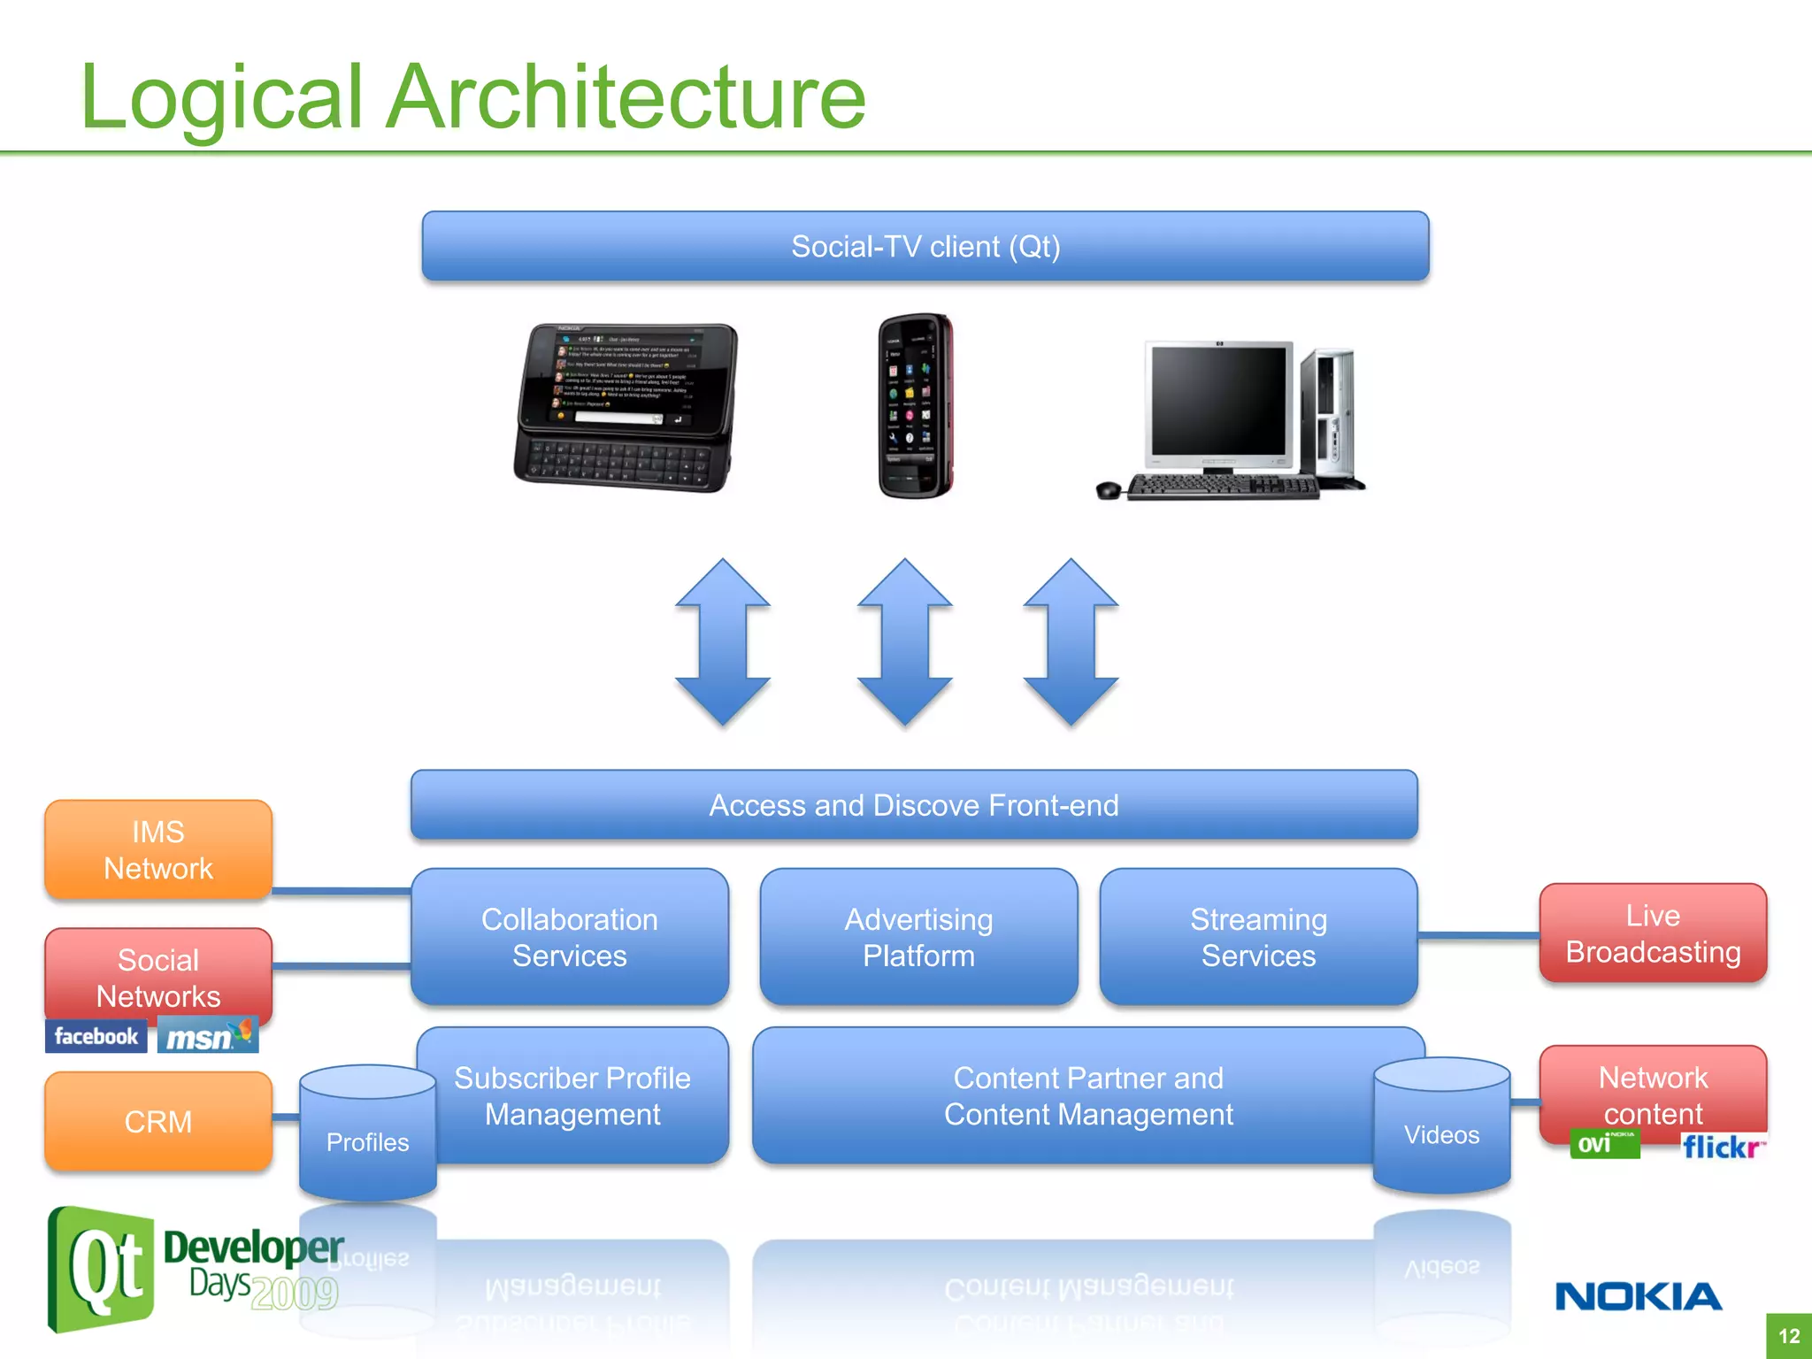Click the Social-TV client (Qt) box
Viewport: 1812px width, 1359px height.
[925, 246]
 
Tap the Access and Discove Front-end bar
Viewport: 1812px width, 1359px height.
[914, 805]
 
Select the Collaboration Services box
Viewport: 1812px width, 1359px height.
[569, 937]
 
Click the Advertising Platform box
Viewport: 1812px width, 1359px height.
[918, 937]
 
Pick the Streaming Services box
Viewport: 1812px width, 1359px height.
[1258, 937]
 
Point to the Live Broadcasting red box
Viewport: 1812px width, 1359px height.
[1653, 933]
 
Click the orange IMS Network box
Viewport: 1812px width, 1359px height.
[158, 849]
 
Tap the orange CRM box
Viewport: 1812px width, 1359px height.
[158, 1121]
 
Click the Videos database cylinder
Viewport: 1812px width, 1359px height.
[1441, 1126]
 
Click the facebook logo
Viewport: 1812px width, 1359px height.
[96, 1036]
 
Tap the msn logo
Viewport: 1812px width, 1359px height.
[208, 1036]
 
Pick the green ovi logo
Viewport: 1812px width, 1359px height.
[1604, 1144]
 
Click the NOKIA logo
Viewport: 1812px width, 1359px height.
[1639, 1297]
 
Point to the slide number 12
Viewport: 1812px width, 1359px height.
[1789, 1336]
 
